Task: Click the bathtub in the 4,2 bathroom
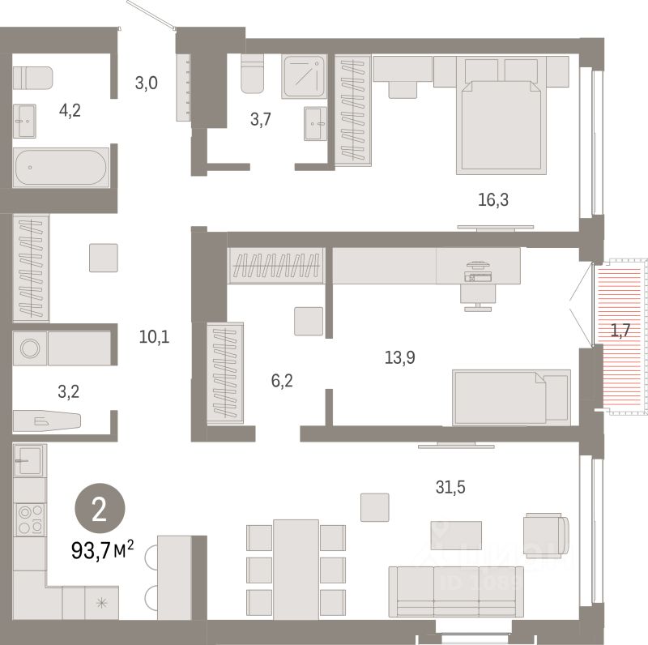click(61, 167)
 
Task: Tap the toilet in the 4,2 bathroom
click(33, 78)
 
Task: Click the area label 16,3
click(493, 199)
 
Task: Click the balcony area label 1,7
click(620, 330)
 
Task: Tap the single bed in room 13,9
click(510, 396)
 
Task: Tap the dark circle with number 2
click(99, 510)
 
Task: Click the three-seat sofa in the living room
click(455, 592)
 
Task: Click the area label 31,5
click(450, 487)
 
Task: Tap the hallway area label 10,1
click(153, 335)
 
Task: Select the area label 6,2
click(280, 378)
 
